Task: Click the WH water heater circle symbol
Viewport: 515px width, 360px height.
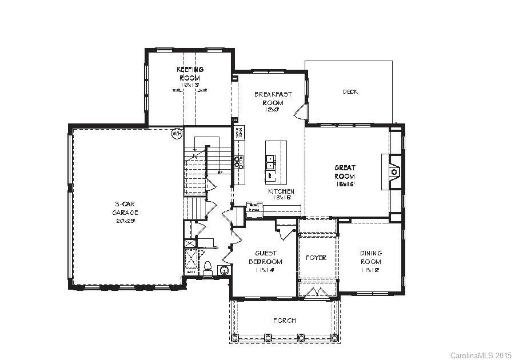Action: tap(177, 133)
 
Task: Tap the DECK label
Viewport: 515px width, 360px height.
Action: tap(350, 91)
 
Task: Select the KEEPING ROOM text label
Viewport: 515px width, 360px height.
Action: tap(190, 73)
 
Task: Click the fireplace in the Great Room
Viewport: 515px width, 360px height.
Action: tap(393, 171)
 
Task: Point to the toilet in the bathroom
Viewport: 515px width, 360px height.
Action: tap(208, 267)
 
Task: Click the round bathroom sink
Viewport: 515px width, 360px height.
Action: tap(225, 270)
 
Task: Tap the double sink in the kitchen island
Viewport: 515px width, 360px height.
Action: tap(271, 162)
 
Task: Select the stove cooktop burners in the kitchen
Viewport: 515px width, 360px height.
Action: tap(238, 162)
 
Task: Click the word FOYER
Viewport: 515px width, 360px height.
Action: tap(316, 258)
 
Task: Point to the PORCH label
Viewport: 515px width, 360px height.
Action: tap(284, 321)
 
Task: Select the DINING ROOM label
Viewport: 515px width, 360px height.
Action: tap(371, 257)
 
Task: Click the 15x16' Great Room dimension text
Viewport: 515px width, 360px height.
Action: tap(345, 185)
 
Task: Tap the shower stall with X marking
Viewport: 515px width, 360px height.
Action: tap(191, 259)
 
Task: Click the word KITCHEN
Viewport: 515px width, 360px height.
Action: tap(281, 191)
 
